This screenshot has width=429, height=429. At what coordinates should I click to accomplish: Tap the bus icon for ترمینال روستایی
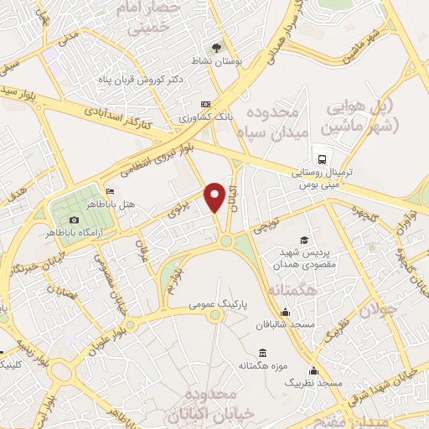320,158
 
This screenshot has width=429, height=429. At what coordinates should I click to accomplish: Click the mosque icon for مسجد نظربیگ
313,371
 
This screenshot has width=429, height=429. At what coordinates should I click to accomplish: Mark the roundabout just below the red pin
225,241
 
